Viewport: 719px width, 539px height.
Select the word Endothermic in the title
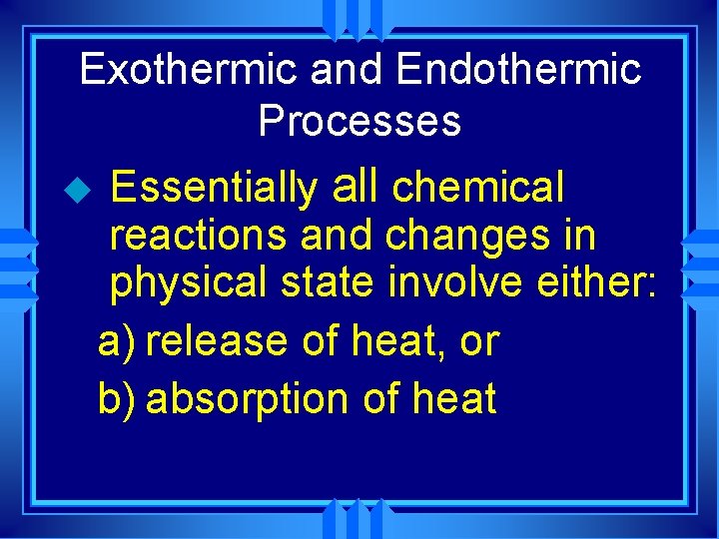(x=518, y=70)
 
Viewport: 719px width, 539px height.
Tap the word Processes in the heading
(x=359, y=121)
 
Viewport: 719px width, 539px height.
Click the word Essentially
(x=213, y=187)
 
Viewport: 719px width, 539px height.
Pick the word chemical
(x=478, y=187)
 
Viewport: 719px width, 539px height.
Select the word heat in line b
(x=453, y=398)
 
